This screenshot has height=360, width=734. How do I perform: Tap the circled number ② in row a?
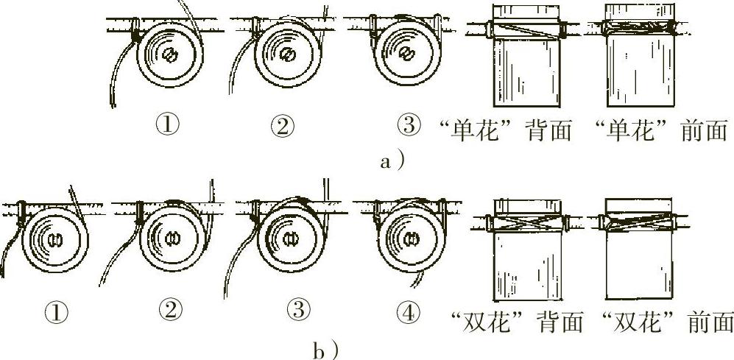[283, 125]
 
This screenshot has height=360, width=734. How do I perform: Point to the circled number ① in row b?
[58, 313]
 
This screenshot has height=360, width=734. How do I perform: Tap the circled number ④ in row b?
[407, 313]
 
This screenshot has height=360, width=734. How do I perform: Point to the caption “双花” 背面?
[517, 322]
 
